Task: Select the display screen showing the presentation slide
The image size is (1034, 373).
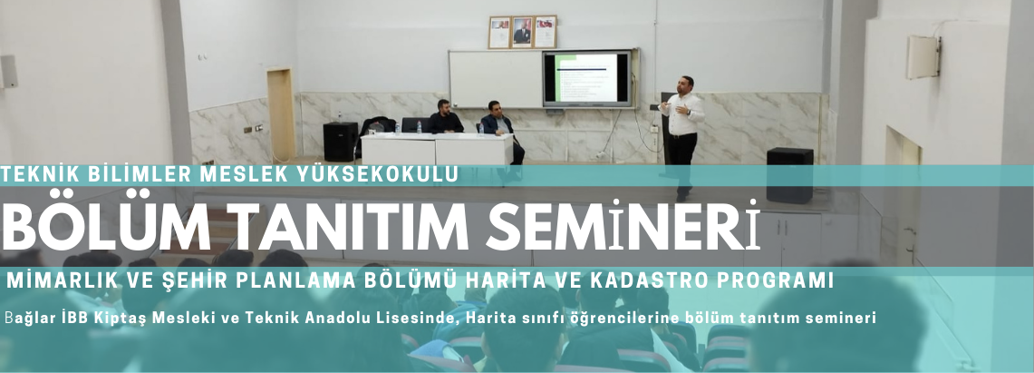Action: coord(587,78)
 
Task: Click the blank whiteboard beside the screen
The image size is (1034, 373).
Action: coord(495,79)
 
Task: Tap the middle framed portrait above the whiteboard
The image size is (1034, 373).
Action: coord(522,32)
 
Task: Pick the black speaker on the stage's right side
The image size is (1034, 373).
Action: coord(789,175)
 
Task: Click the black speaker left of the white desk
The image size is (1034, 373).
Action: coord(340,142)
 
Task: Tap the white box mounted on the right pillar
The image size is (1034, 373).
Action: coord(923,57)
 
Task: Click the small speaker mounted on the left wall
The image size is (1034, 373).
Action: coord(8,72)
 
